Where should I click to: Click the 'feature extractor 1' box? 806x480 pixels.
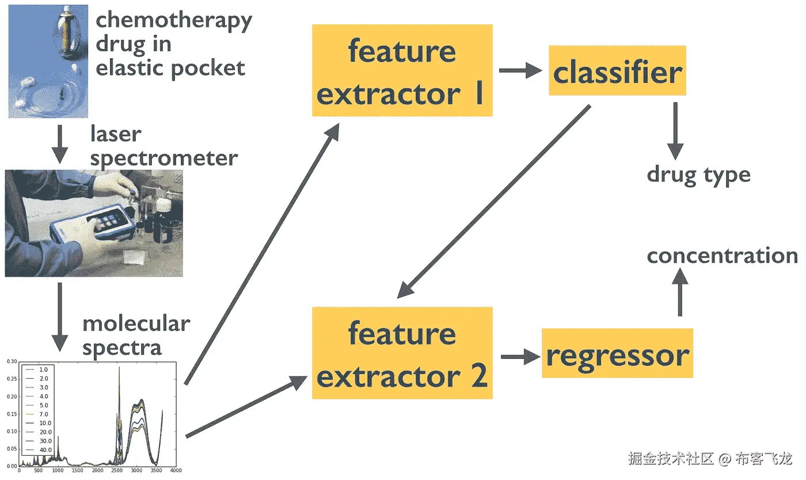click(402, 70)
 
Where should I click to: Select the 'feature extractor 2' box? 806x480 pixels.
click(402, 353)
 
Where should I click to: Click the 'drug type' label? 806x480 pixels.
click(698, 175)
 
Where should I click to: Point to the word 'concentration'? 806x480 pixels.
click(722, 255)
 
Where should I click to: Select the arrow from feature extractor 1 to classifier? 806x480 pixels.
click(520, 71)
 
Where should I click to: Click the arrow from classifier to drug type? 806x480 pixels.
click(675, 131)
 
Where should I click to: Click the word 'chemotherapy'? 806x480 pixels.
click(174, 21)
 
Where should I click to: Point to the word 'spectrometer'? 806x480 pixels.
click(164, 157)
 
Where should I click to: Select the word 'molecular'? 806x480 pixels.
click(136, 323)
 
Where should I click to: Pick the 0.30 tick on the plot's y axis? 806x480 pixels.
click(12, 361)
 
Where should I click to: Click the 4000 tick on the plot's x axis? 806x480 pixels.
click(175, 470)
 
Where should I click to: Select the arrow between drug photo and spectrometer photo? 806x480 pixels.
click(60, 144)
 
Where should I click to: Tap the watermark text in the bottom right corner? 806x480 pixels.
click(710, 459)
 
